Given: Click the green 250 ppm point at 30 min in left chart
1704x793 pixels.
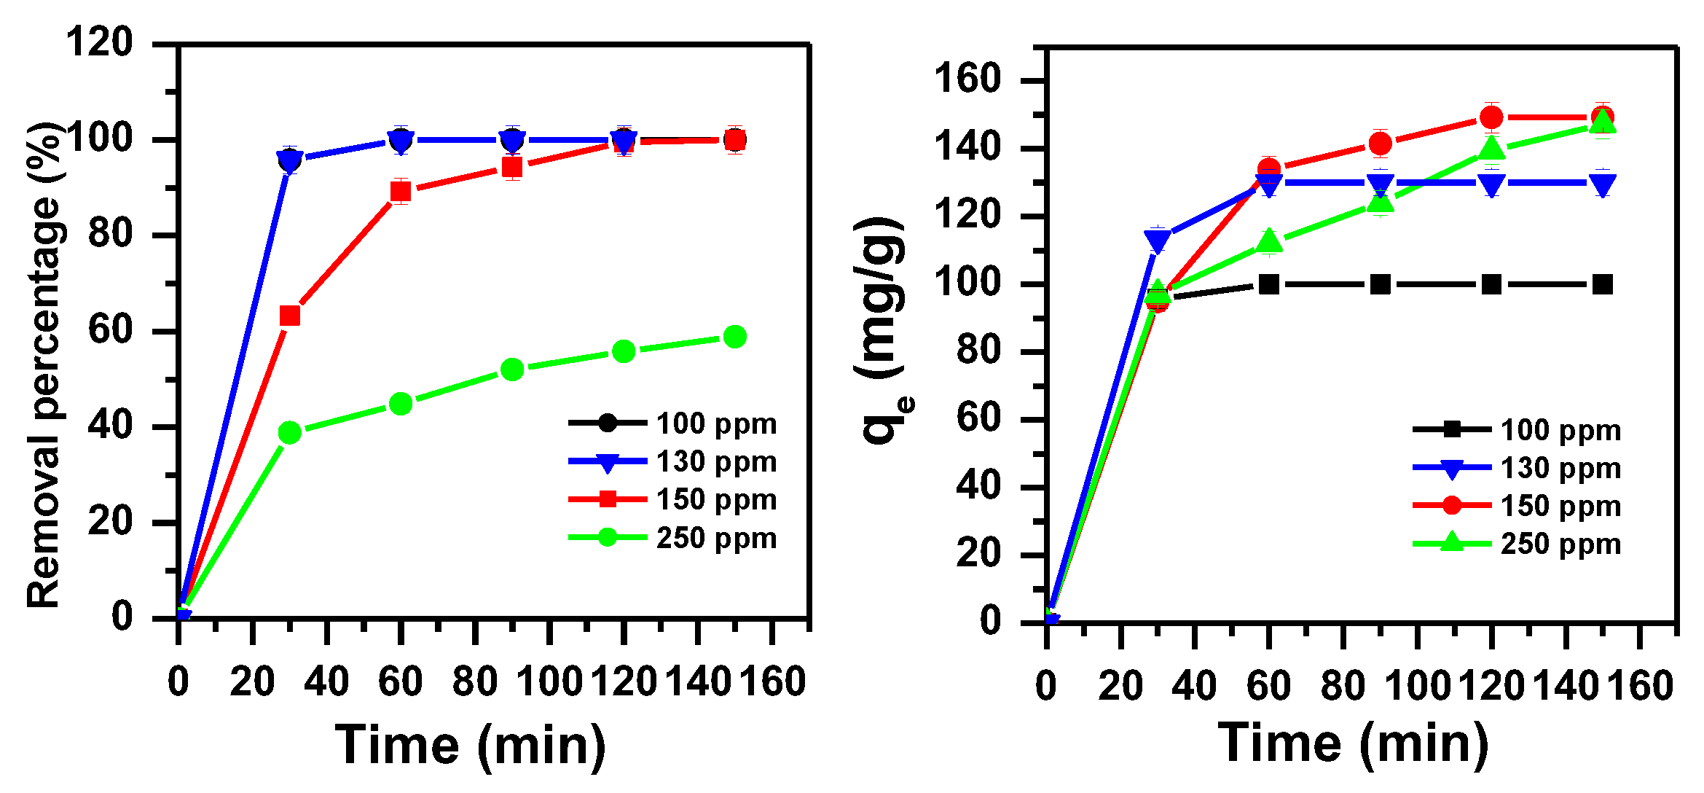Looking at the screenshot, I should click(x=290, y=433).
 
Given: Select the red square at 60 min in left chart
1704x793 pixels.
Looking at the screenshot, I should click(x=401, y=192).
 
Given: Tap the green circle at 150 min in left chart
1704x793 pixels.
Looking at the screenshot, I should click(x=734, y=337).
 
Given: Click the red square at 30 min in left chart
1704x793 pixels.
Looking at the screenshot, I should click(x=290, y=316).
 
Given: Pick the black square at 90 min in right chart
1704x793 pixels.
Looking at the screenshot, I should click(x=1380, y=284).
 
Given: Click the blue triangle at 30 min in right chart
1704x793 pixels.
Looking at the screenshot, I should click(x=1158, y=240).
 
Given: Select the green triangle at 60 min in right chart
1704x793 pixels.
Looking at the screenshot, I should click(x=1269, y=241).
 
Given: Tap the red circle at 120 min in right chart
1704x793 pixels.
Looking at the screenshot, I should click(x=1491, y=117).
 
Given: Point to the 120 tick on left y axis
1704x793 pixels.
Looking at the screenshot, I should click(x=100, y=42).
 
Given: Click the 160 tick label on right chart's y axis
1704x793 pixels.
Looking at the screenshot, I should click(x=968, y=79).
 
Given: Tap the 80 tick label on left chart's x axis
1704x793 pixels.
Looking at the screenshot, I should click(x=475, y=682).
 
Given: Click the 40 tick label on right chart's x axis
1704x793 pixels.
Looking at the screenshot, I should click(x=1194, y=686).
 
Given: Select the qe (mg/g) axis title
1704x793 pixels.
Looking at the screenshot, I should click(x=883, y=332).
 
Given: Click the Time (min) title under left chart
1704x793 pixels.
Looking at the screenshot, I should click(x=471, y=745).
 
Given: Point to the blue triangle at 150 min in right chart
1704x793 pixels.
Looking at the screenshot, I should click(x=1603, y=184).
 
